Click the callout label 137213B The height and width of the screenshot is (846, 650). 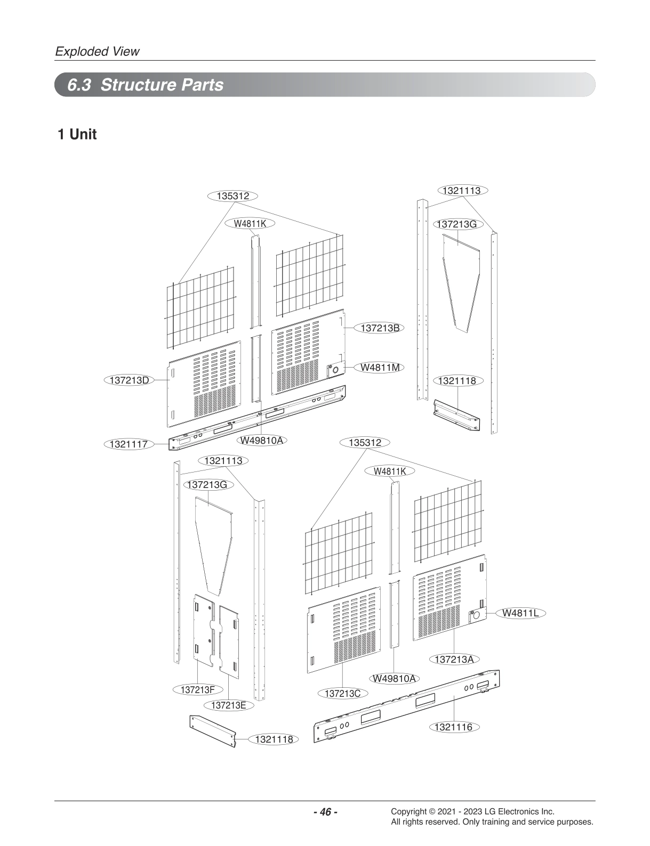click(380, 328)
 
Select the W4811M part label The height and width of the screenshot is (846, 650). click(380, 367)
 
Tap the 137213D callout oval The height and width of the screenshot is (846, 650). click(129, 380)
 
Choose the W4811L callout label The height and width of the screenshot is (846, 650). click(520, 613)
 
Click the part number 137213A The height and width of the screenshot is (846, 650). click(454, 659)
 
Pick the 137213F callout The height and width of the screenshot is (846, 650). click(197, 690)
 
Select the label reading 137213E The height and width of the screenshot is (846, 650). click(228, 705)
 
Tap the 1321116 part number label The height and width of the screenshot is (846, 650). click(453, 727)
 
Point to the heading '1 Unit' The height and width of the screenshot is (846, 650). click(77, 134)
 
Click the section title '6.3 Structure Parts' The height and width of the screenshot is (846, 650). click(145, 85)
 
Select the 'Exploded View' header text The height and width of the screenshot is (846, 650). click(97, 52)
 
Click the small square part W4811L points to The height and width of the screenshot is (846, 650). click(476, 616)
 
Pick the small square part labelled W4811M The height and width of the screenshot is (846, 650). click(335, 369)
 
